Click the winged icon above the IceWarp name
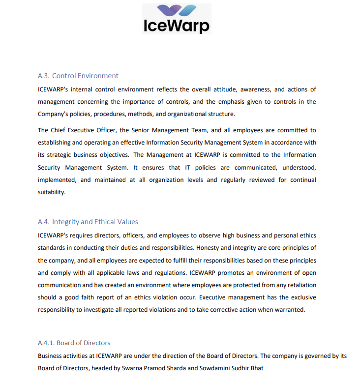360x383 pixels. coord(177,10)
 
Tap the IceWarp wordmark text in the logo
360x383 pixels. coord(177,25)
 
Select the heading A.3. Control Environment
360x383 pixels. coord(78,76)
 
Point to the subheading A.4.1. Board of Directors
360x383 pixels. coord(74,343)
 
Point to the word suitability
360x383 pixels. coord(52,192)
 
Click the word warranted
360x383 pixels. coord(290,310)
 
